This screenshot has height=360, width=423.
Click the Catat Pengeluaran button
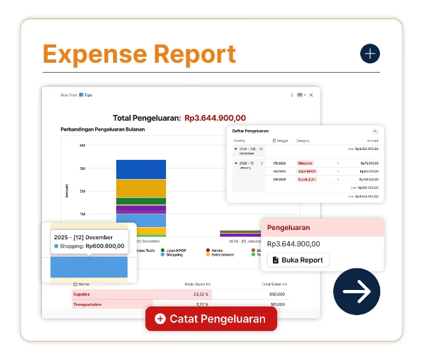point(211,319)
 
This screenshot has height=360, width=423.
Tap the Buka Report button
point(298,260)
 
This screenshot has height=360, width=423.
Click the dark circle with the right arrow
point(357,291)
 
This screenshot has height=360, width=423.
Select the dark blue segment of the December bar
point(141,169)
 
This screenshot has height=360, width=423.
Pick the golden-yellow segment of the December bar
point(141,188)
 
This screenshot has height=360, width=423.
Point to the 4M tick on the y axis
point(83,145)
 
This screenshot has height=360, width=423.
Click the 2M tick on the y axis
point(83,192)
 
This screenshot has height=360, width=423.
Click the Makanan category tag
point(305,162)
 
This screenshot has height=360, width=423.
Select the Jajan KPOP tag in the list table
point(306,171)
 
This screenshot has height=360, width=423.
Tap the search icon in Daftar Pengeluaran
point(375,132)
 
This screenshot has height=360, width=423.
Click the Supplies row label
point(82,294)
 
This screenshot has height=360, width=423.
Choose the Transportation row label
point(87,305)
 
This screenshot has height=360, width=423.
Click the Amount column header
point(373,141)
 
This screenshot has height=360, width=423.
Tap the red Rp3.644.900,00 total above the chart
point(219,118)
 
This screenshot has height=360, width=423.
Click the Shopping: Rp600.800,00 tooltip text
point(93,246)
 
